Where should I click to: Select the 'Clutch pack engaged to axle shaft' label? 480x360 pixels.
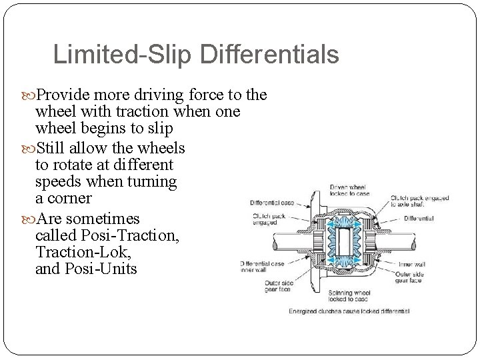pos(419,201)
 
